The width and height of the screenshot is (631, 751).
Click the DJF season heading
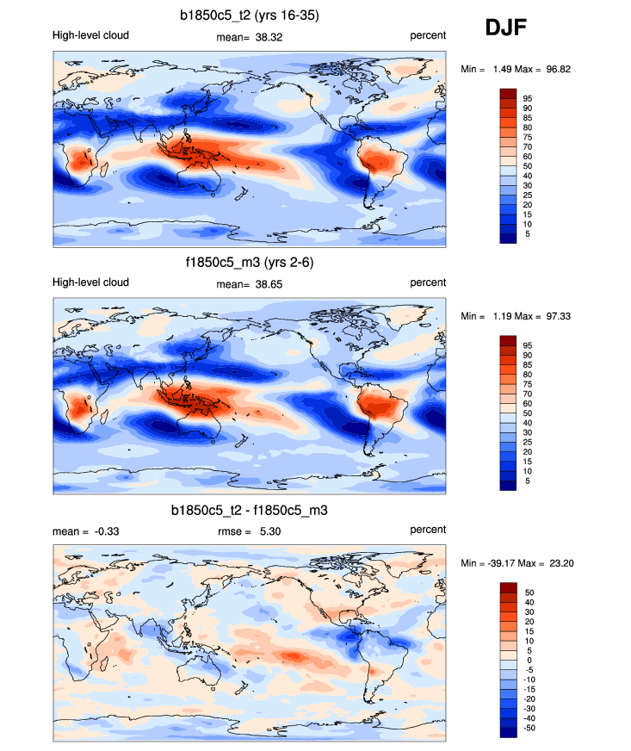click(x=505, y=28)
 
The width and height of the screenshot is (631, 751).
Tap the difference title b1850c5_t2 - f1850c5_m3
click(x=250, y=511)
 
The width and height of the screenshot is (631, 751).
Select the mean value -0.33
click(x=105, y=531)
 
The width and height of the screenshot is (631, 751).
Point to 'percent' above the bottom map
click(x=428, y=530)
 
